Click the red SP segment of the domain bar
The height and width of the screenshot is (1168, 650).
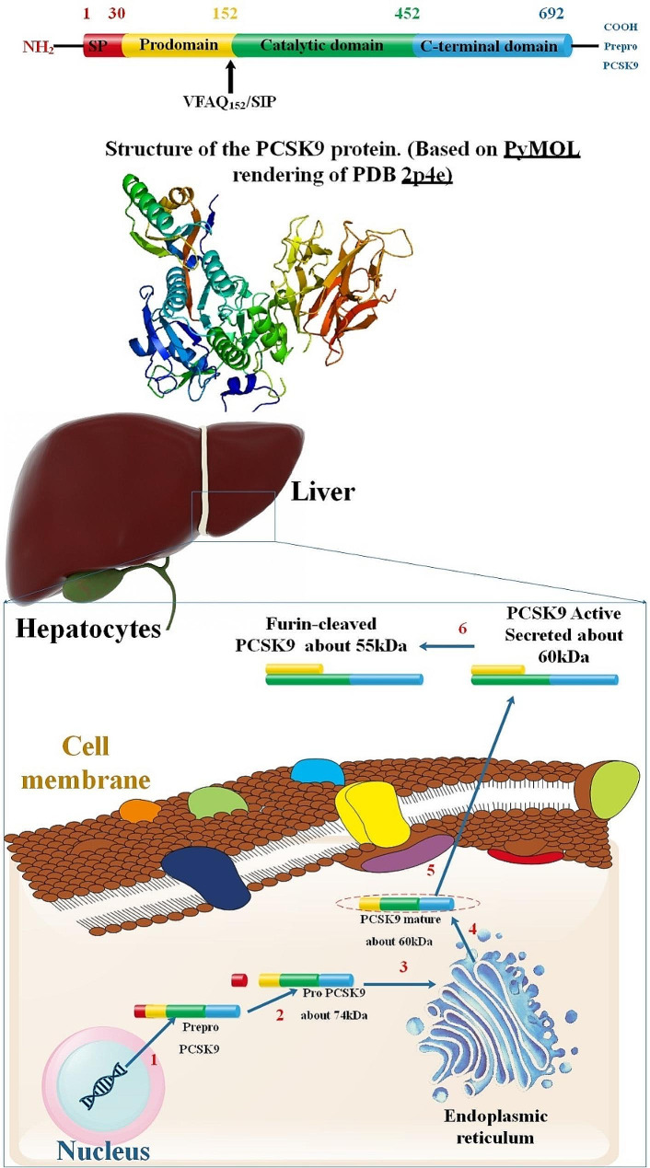[x=101, y=45]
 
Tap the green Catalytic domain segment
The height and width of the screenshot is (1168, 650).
[x=322, y=45]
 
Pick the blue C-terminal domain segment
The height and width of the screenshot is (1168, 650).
[x=492, y=45]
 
